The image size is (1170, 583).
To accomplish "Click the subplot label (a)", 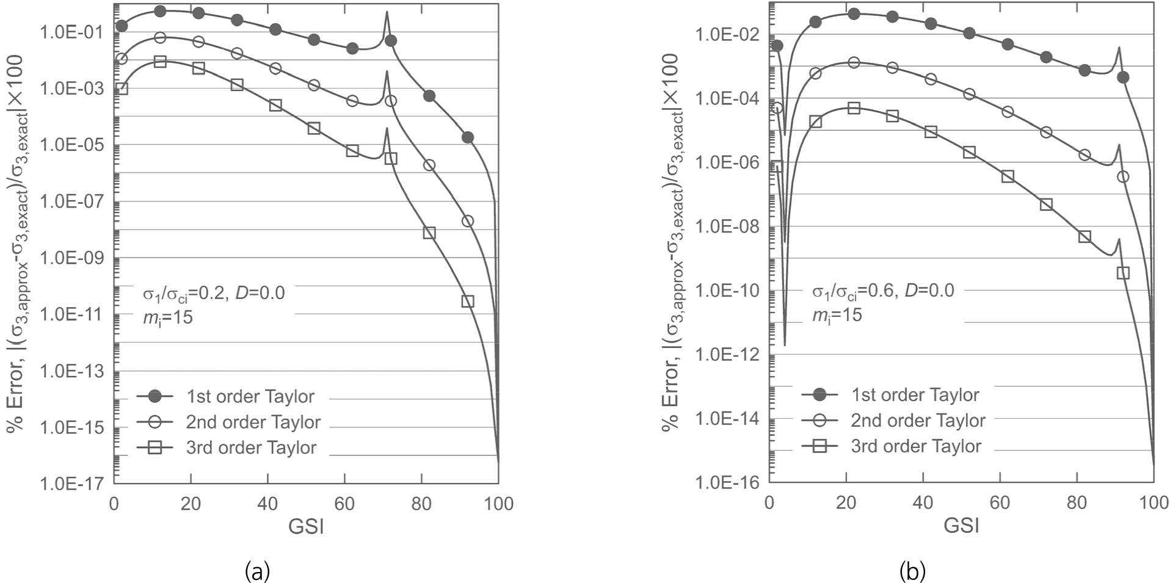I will [257, 572].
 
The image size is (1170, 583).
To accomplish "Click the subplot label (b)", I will [912, 572].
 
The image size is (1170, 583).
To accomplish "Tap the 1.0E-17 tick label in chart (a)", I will [71, 485].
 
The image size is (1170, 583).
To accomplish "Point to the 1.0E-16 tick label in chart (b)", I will [727, 483].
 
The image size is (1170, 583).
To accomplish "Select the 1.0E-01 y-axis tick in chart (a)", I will [71, 32].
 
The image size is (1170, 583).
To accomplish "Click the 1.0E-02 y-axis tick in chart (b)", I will [727, 35].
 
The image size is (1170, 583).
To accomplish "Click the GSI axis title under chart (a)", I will [306, 526].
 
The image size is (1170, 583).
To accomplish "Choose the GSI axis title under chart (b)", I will [961, 525].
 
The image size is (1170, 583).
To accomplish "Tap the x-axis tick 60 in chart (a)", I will [344, 504].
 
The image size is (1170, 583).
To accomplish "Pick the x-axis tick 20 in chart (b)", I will [846, 503].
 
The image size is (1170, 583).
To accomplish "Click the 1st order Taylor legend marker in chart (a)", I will [155, 397].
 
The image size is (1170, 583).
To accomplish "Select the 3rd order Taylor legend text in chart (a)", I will [251, 448].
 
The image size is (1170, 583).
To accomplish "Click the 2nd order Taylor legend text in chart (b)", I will [918, 421].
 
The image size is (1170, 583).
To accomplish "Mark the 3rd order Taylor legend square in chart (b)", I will [819, 446].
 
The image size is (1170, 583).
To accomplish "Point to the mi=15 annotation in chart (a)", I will [167, 317].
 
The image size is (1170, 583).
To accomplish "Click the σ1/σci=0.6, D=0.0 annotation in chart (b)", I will [882, 291].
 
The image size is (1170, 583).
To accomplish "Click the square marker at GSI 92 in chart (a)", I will [468, 301].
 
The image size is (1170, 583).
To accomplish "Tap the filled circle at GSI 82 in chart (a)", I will [429, 96].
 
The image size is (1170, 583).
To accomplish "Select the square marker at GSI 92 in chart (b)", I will [1123, 273].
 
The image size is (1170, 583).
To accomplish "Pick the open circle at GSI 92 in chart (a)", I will [468, 221].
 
